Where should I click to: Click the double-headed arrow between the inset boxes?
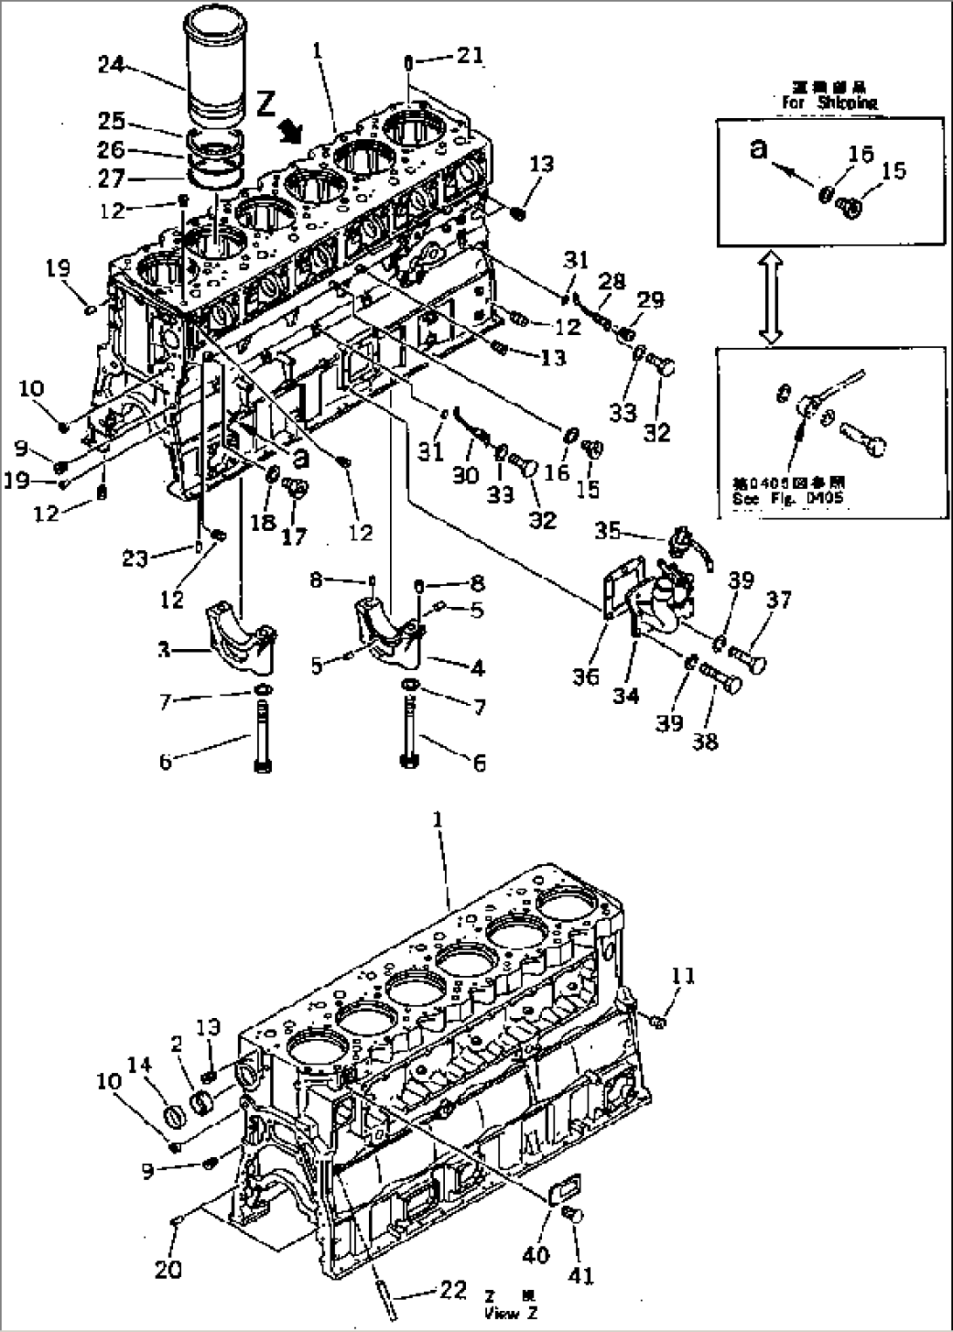[770, 295]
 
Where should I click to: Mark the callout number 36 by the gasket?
[586, 676]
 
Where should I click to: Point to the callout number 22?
[452, 1291]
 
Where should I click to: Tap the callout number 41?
[581, 1276]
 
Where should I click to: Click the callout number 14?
[141, 1064]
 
